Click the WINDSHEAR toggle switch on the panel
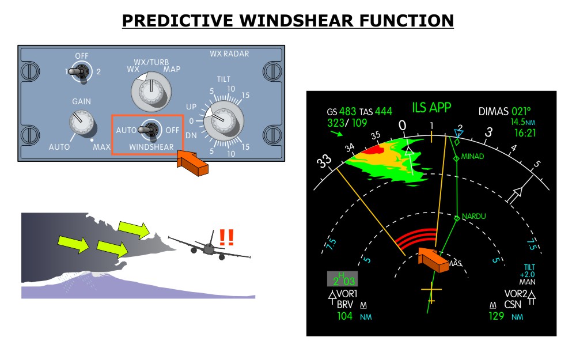pos(150,130)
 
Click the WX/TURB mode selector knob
pos(151,92)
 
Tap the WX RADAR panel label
pos(229,54)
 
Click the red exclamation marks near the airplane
pos(226,237)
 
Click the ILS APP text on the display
pos(431,108)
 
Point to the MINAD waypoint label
pos(472,157)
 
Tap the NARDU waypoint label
pos(474,216)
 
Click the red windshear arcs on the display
pos(417,238)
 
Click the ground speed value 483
pos(347,111)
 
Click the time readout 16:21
pos(525,132)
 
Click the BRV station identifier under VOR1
pos(344,305)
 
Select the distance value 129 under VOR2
pos(496,316)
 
